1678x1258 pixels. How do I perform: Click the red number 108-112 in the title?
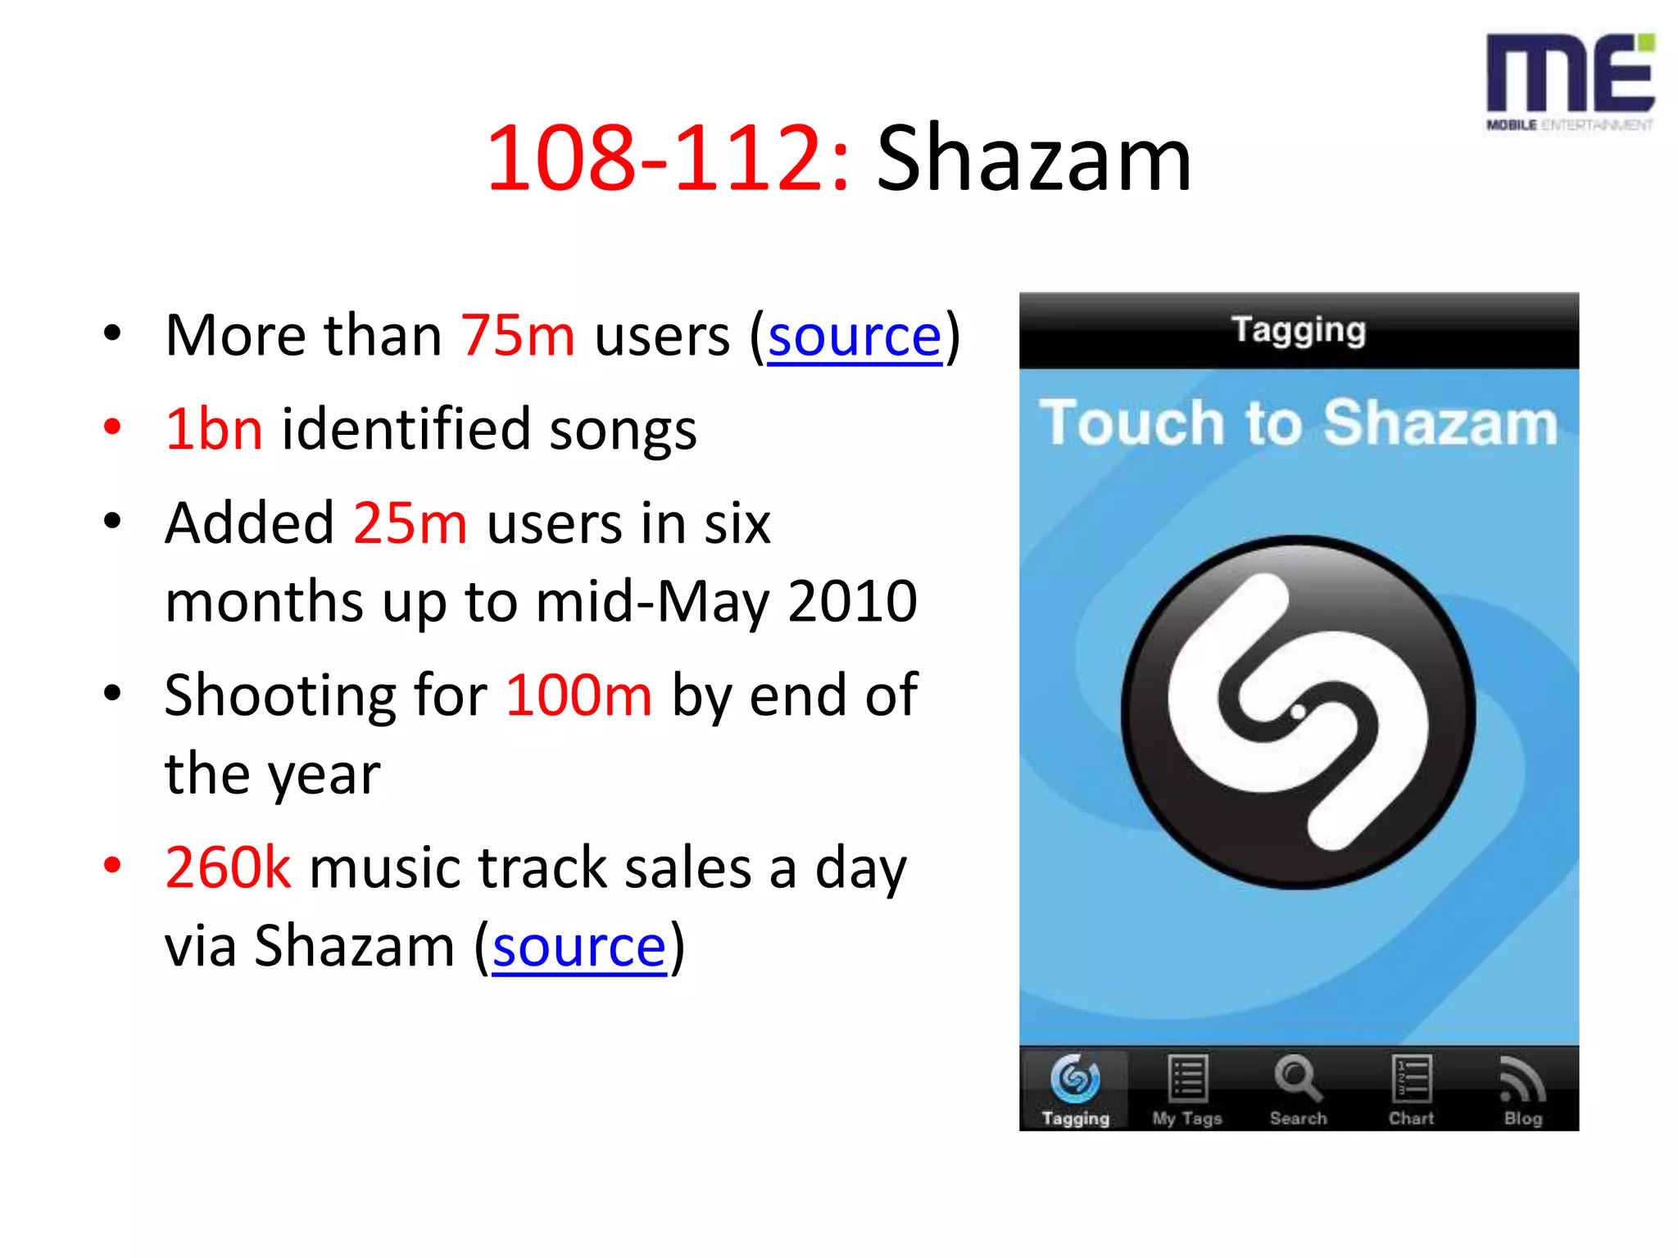(x=667, y=158)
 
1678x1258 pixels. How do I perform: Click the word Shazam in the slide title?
(x=1033, y=158)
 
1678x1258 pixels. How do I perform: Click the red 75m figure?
(x=518, y=336)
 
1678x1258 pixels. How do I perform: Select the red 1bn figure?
(x=214, y=429)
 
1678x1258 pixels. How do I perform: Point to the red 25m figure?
(x=410, y=523)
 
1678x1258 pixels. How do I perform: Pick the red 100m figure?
(x=578, y=695)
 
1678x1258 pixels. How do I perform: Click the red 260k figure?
(x=228, y=867)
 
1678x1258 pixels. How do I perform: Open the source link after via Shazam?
(x=579, y=947)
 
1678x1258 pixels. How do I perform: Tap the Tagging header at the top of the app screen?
(x=1299, y=330)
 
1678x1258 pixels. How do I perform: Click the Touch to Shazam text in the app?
(x=1299, y=423)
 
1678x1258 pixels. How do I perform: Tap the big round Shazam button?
(x=1298, y=712)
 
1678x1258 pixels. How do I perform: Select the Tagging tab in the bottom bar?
(x=1075, y=1090)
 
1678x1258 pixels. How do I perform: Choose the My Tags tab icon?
(x=1187, y=1090)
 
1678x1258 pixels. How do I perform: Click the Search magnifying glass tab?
(x=1298, y=1090)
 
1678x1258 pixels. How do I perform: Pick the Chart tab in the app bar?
(x=1411, y=1090)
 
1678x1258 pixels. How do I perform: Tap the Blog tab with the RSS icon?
(x=1522, y=1090)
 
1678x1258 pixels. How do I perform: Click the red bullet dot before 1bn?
(x=113, y=427)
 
